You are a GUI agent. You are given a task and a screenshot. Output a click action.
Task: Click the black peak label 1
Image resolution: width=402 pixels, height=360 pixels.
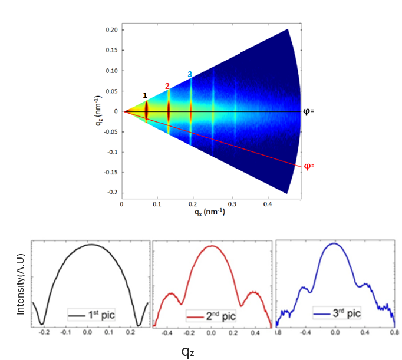[x=145, y=95]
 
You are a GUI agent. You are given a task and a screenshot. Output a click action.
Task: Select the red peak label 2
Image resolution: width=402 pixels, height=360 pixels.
[x=167, y=86]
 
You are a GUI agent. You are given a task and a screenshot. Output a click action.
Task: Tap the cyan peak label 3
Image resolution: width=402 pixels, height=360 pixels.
[x=190, y=74]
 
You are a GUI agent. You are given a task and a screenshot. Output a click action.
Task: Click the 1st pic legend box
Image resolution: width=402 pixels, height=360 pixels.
[x=91, y=315]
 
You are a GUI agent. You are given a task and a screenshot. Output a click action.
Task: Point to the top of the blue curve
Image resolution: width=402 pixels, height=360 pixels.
[x=334, y=243]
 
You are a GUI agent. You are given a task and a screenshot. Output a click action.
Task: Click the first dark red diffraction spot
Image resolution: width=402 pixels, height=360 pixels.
[x=147, y=111]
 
